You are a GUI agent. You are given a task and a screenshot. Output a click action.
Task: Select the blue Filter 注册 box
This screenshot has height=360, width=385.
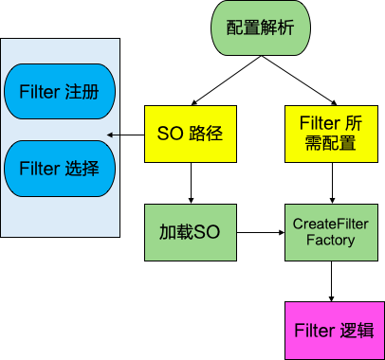pos(60,93)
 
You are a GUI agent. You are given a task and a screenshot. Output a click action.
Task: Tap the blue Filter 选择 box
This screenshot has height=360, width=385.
pos(60,169)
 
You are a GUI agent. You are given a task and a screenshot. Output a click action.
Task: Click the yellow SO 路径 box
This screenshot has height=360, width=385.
pos(190,133)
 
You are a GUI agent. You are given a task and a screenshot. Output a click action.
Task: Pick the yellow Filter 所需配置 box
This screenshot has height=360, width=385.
pos(331,133)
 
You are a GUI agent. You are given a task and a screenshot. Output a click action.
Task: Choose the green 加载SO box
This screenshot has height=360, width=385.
pos(190,232)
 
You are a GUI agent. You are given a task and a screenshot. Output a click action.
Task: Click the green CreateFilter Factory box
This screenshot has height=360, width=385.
pos(331,232)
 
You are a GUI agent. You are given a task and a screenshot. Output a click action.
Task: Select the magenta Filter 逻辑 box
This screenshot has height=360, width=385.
pos(334,331)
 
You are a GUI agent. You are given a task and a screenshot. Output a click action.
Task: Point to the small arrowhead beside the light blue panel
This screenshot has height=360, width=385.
pos(110,135)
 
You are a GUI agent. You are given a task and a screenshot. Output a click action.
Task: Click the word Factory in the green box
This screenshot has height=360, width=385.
pos(330,241)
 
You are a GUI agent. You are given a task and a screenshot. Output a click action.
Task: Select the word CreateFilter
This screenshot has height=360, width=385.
pos(331,224)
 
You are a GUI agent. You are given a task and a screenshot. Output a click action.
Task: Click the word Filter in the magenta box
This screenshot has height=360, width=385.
pos(314,331)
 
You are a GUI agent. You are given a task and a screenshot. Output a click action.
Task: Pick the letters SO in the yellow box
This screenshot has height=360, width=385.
pos(169,133)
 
